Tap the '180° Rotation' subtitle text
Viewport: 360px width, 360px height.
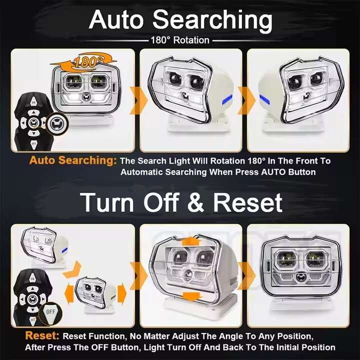(179, 40)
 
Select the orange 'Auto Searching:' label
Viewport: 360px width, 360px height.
(72, 161)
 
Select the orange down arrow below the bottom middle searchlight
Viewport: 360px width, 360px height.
(188, 296)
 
